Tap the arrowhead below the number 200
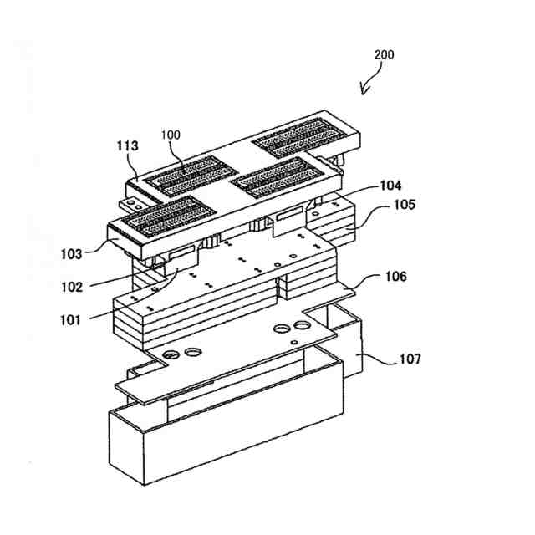[364, 89]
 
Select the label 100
[171, 135]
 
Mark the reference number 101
[72, 319]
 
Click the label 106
[396, 277]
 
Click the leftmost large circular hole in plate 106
[171, 354]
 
